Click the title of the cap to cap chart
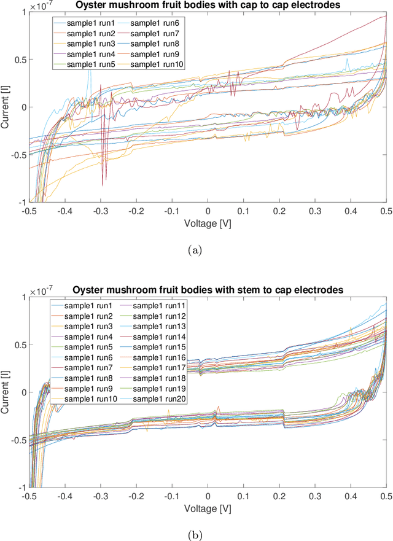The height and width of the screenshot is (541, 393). (x=206, y=6)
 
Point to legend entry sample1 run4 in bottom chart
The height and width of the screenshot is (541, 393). (x=88, y=337)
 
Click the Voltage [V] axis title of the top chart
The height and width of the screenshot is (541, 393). (x=207, y=224)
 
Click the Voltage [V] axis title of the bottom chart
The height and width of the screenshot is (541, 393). (x=207, y=508)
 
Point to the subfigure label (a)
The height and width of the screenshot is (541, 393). (x=196, y=249)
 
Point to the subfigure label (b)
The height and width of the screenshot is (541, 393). (x=196, y=534)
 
